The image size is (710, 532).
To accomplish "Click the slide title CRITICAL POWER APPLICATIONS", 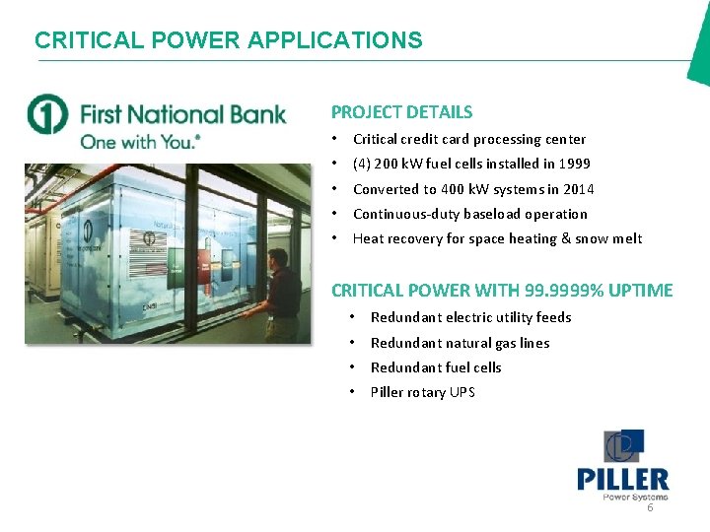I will pyautogui.click(x=228, y=40).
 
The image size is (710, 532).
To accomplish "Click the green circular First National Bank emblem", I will pyautogui.click(x=47, y=115).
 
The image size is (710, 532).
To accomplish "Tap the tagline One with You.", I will pyautogui.click(x=140, y=142).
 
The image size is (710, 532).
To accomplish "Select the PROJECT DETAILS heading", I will pyautogui.click(x=401, y=112).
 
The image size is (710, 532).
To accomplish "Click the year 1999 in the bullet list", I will pyautogui.click(x=574, y=164).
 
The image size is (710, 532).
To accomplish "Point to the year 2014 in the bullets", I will pyautogui.click(x=577, y=189).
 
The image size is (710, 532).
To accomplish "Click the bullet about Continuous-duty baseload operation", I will pyautogui.click(x=469, y=214).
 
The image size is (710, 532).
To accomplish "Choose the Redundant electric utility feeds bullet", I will pyautogui.click(x=470, y=317).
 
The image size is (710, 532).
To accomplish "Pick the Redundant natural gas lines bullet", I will pyautogui.click(x=460, y=343).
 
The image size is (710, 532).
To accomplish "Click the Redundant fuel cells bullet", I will pyautogui.click(x=436, y=367).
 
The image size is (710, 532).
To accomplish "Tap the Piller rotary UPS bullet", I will pyautogui.click(x=422, y=392).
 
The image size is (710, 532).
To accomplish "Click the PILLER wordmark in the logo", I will pyautogui.click(x=622, y=480).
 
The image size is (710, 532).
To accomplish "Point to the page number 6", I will pyautogui.click(x=650, y=508).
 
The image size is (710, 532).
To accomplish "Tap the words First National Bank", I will pyautogui.click(x=182, y=113).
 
